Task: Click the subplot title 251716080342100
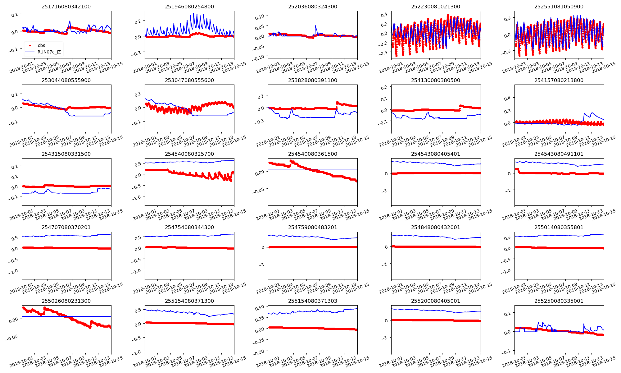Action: tap(66, 7)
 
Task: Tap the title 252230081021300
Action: tap(436, 7)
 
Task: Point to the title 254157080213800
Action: tap(559, 80)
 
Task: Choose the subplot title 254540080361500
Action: tap(313, 154)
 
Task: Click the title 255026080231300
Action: tap(66, 301)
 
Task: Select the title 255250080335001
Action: tap(559, 301)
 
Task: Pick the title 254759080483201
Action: tap(313, 227)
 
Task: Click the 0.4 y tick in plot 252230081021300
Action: tap(384, 14)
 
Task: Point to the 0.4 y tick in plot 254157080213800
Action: tap(507, 98)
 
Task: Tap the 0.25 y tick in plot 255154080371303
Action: tap(259, 318)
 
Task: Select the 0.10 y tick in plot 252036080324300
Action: tap(259, 16)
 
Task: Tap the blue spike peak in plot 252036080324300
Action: tap(315, 26)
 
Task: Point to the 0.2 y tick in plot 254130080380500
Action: tap(384, 87)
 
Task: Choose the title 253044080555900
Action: tap(66, 80)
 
